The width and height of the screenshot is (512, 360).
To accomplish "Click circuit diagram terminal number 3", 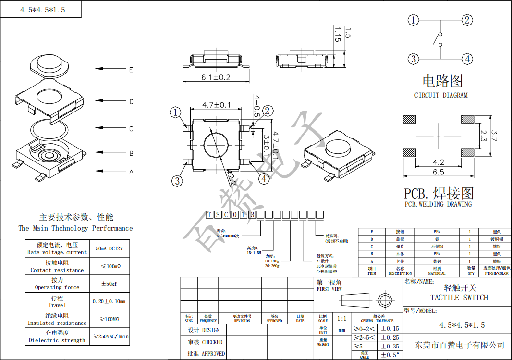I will [414, 59].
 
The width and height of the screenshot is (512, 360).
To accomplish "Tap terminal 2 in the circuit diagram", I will [466, 20].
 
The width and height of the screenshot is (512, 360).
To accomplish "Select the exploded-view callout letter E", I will [131, 70].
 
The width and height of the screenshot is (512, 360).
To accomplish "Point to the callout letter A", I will [131, 172].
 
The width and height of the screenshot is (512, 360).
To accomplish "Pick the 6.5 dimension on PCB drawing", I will [438, 172].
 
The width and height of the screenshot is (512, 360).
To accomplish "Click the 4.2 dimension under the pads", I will [438, 162].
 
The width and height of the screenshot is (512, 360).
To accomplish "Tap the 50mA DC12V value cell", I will [110, 248].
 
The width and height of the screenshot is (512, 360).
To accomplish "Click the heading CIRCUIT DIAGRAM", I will [440, 95].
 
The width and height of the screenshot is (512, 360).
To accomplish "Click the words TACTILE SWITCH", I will [459, 298].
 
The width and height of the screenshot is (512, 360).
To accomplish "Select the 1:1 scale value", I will [341, 318].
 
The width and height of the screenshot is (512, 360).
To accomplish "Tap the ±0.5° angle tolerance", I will [390, 355].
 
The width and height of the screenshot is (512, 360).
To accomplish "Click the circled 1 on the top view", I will [176, 113].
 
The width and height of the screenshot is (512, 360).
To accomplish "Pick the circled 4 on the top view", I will [264, 179].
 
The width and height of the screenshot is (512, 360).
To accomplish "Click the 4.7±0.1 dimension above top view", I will [216, 105].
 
